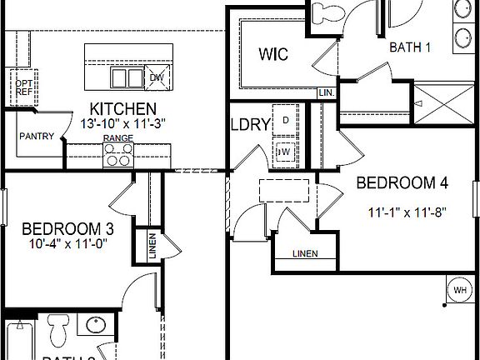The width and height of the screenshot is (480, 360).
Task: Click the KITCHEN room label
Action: coord(122,109)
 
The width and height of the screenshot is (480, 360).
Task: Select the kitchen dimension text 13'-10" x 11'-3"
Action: coord(122,123)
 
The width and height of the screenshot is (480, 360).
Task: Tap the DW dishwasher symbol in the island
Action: coord(157,78)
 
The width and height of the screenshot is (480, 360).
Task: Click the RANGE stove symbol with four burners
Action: coord(118,154)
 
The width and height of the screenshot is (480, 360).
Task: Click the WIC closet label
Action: coord(272,55)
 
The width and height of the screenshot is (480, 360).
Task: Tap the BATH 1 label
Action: coord(410,47)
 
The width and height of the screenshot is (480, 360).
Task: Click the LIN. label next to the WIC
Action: coord(327,93)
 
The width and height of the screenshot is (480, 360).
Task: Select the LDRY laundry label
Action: coord(250,126)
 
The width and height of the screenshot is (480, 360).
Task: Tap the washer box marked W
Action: coord(284,152)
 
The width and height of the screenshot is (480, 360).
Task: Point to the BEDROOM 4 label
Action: coord(397,182)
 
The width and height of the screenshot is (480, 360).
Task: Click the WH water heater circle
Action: coord(459,290)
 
